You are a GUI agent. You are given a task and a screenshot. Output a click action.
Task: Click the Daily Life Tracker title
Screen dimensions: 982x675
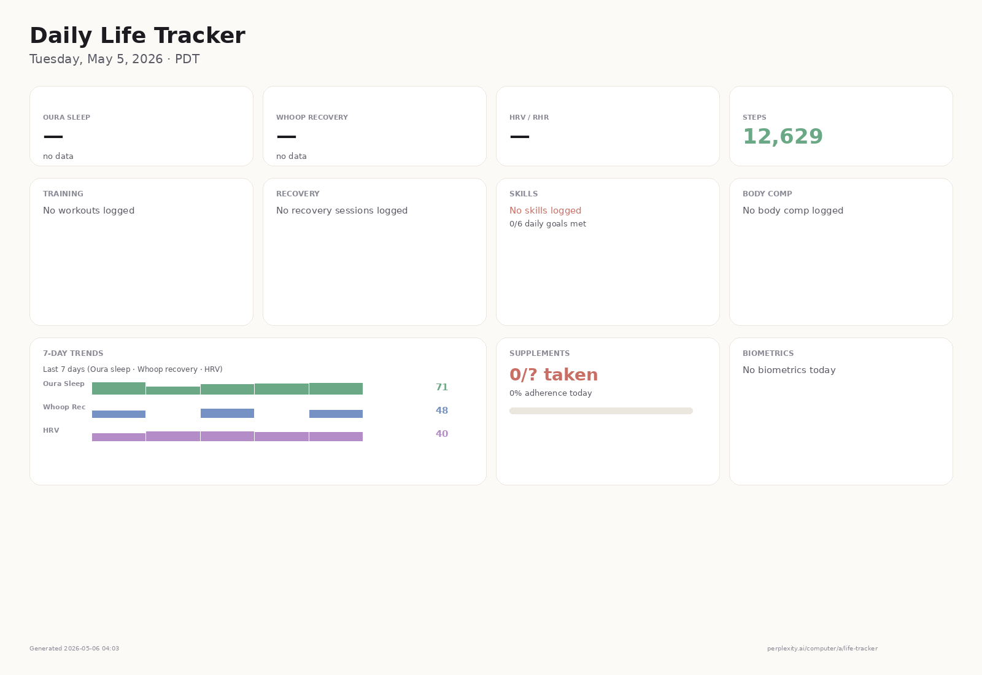pos(137,36)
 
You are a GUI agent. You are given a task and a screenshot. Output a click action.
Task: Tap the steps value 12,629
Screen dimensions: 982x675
pos(783,136)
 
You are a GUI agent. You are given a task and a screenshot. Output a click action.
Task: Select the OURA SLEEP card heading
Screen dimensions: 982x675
pos(67,117)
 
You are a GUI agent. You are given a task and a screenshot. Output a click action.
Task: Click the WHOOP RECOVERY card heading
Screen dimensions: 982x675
pos(312,117)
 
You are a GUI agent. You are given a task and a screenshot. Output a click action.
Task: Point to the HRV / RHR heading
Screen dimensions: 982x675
pos(528,117)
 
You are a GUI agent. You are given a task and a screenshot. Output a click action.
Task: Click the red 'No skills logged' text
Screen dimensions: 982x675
pos(545,210)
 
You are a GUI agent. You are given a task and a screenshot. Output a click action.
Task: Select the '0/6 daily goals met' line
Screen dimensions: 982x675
pos(547,223)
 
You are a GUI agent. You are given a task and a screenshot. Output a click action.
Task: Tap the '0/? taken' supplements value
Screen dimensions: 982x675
pos(553,375)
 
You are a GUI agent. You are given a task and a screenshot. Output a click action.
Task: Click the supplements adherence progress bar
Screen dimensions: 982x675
pos(601,411)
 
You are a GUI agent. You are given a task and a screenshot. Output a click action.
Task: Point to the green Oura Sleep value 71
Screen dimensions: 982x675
pos(441,387)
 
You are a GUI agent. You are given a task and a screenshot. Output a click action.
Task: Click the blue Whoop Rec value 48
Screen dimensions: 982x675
pos(441,411)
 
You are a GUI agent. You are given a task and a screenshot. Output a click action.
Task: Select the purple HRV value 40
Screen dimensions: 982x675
pos(441,433)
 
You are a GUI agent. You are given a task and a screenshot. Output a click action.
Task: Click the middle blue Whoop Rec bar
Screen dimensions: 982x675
pos(227,414)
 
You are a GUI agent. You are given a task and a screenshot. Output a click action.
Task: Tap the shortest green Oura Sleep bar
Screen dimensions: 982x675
pos(172,390)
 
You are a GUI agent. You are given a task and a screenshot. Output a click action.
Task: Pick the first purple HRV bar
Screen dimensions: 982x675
pos(118,437)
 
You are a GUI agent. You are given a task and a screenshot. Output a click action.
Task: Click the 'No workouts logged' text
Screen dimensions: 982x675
pos(88,210)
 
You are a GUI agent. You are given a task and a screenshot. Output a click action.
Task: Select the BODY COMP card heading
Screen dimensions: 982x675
pos(767,194)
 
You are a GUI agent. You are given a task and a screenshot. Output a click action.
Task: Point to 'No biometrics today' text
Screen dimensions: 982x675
pos(789,370)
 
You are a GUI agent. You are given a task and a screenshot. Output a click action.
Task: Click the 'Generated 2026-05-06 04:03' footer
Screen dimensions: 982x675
pos(74,648)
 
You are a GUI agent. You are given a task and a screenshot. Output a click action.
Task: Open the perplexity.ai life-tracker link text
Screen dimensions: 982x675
pos(822,648)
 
